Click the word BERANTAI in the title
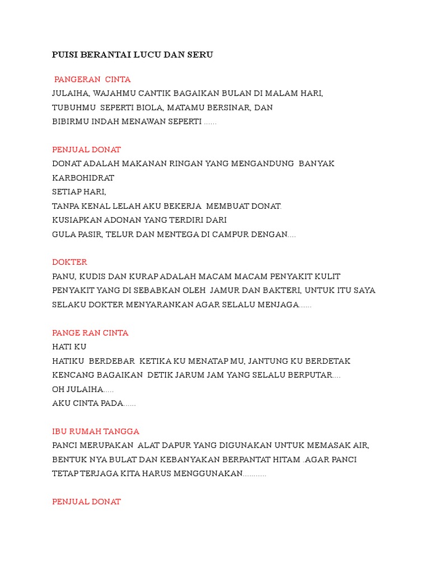click(102, 55)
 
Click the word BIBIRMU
click(71, 121)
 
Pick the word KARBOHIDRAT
click(83, 178)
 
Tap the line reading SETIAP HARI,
click(79, 192)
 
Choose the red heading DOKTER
click(69, 262)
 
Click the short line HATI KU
click(69, 347)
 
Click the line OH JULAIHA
click(82, 389)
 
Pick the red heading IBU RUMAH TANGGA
click(96, 431)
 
